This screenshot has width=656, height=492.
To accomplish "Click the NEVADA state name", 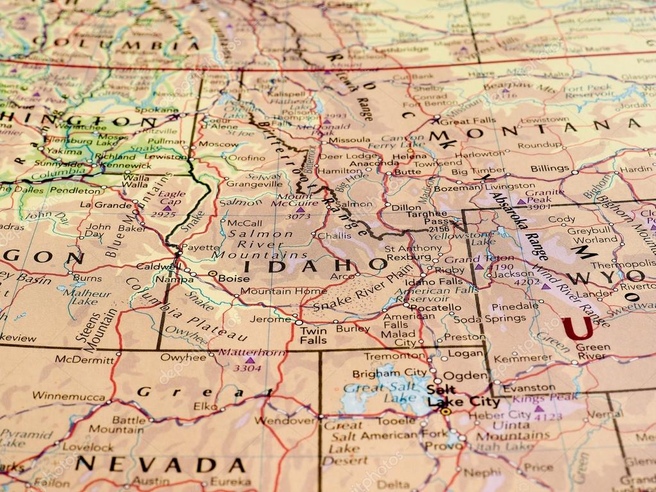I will click(x=160, y=464).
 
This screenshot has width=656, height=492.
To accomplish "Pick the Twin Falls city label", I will click(x=313, y=335).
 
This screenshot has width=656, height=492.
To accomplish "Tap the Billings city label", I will click(x=550, y=168).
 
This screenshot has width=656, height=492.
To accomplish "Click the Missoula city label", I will click(x=349, y=139).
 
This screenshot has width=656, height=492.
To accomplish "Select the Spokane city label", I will click(x=156, y=110).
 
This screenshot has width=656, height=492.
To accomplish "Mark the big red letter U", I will click(x=577, y=328).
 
